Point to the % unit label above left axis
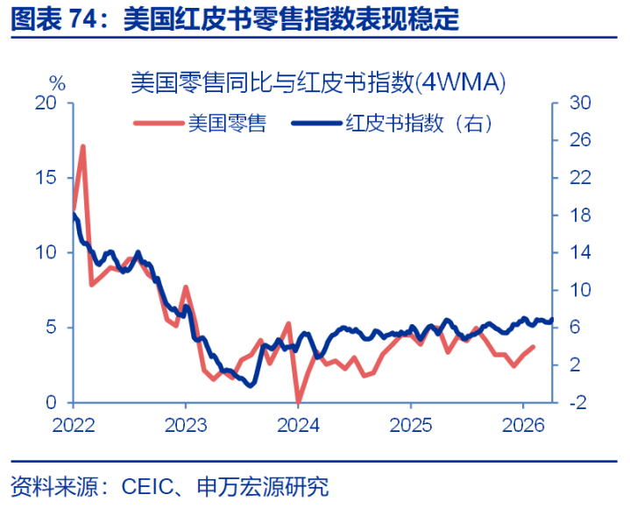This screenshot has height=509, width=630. coord(57,84)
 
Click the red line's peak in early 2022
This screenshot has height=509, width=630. coord(83,146)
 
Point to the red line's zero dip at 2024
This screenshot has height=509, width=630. coord(299,401)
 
